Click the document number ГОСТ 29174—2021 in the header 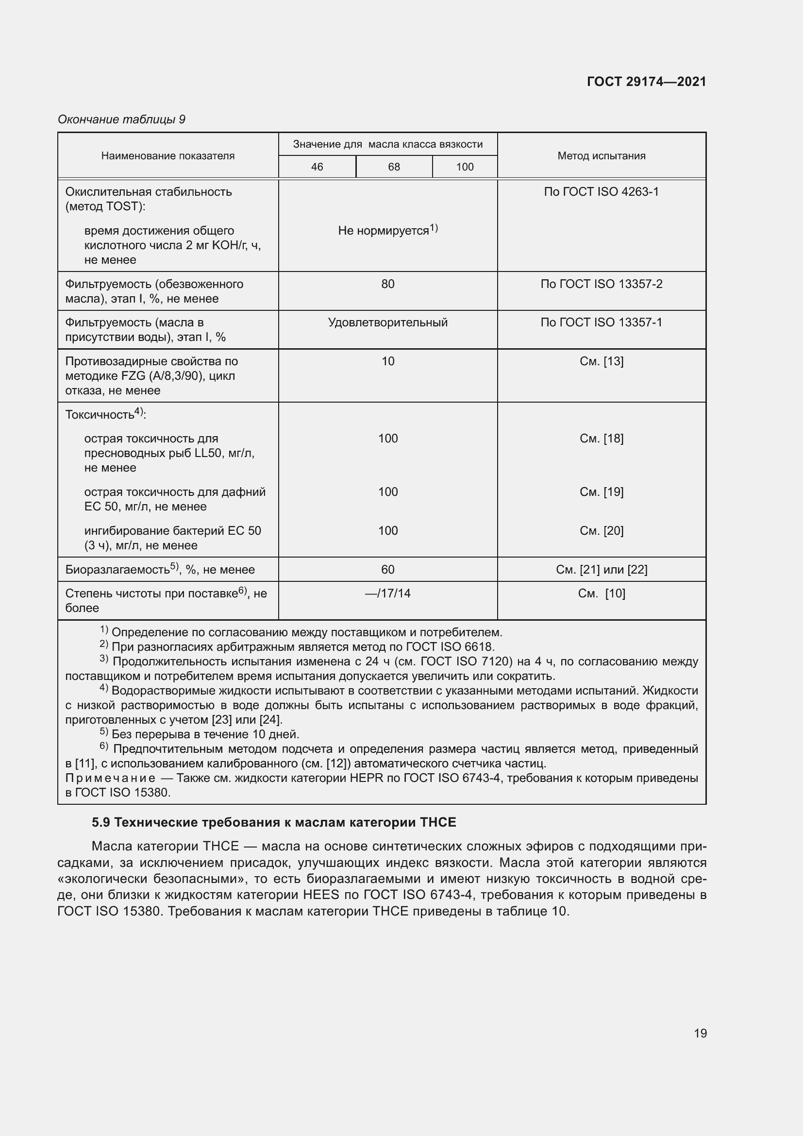(x=646, y=82)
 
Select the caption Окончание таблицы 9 (x=121, y=119)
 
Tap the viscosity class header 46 (x=317, y=167)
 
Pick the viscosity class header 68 (x=394, y=167)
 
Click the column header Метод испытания (x=601, y=155)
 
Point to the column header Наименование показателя (x=167, y=155)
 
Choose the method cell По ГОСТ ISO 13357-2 (x=601, y=284)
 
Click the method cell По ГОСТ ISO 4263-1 (x=601, y=191)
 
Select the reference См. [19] (x=601, y=492)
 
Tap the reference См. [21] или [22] (x=601, y=570)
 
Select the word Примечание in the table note (x=110, y=778)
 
